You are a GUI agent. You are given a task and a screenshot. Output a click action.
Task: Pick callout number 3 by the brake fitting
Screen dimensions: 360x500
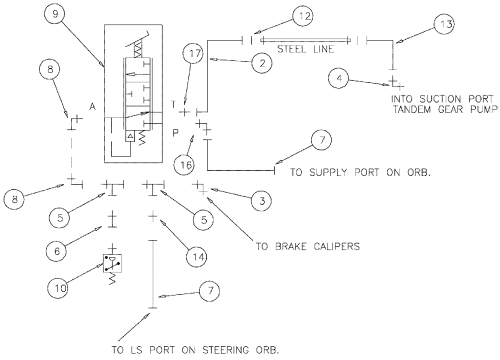(261, 201)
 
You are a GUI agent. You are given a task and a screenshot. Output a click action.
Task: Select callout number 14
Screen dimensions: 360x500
(196, 256)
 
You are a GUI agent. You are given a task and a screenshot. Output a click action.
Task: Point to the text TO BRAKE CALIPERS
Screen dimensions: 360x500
(307, 246)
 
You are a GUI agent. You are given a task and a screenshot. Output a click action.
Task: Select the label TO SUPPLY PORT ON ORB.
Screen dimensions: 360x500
(360, 172)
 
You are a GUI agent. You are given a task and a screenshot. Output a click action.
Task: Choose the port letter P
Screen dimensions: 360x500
(175, 133)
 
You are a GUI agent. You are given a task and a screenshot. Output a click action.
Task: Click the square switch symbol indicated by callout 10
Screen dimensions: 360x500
(112, 263)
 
